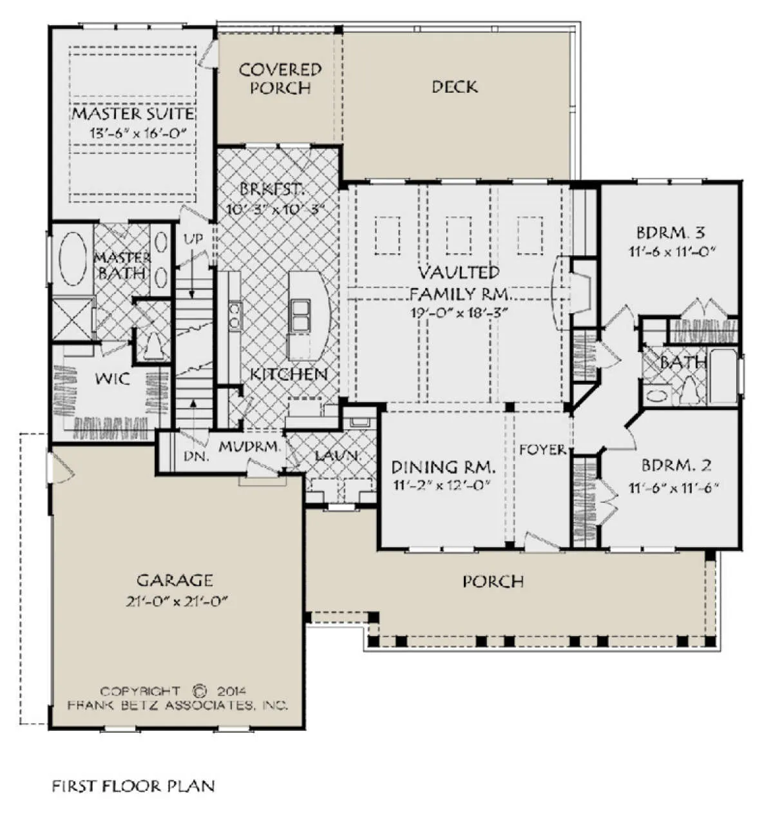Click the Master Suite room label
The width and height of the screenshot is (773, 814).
pos(133,113)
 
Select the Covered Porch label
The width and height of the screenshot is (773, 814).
pos(280,79)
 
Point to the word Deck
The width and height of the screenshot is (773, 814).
pos(455,87)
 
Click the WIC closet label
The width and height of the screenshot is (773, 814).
pos(112,378)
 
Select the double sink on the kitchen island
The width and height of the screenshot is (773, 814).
pos(301,315)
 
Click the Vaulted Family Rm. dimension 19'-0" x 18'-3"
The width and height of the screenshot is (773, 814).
pos(459,313)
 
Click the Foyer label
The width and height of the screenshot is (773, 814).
pos(542,449)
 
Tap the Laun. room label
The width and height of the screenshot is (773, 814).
pos(338,456)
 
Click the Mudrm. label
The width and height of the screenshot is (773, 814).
pos(250,447)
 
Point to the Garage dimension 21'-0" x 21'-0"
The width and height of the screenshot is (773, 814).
pos(177,601)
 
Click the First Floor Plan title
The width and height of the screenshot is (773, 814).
pos(133,786)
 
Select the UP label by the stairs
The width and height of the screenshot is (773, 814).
pos(194,238)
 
